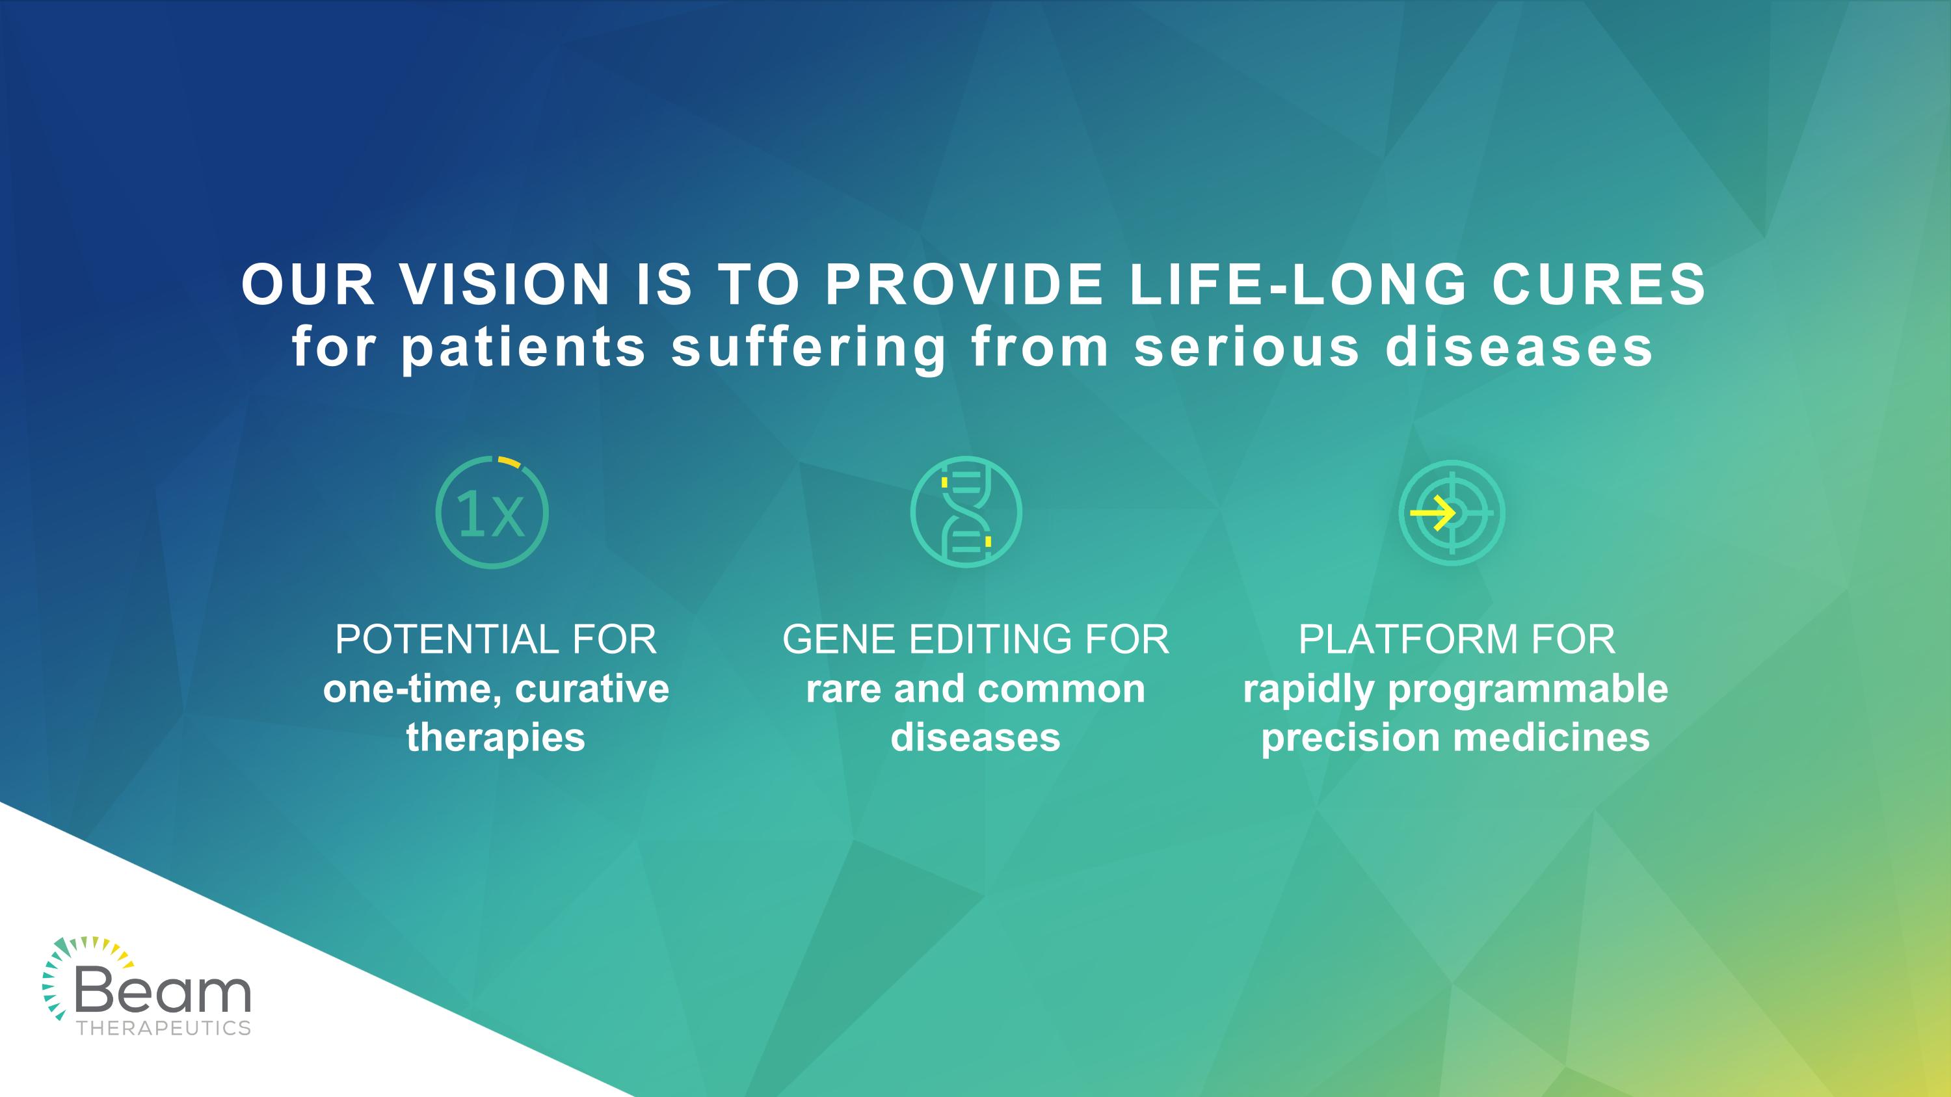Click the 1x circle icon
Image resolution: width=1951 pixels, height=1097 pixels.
[x=492, y=512]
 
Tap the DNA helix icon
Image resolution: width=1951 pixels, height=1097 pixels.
[x=966, y=512]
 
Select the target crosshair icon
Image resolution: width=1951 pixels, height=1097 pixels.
[x=1451, y=512]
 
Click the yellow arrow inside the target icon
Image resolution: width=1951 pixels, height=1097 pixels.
[x=1432, y=512]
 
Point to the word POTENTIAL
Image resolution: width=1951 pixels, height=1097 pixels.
[x=445, y=639]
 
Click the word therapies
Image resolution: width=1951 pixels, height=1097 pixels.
[x=496, y=737]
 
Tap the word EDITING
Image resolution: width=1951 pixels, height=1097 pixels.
[x=990, y=639]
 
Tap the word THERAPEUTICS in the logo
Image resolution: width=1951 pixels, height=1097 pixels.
[x=164, y=1028]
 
